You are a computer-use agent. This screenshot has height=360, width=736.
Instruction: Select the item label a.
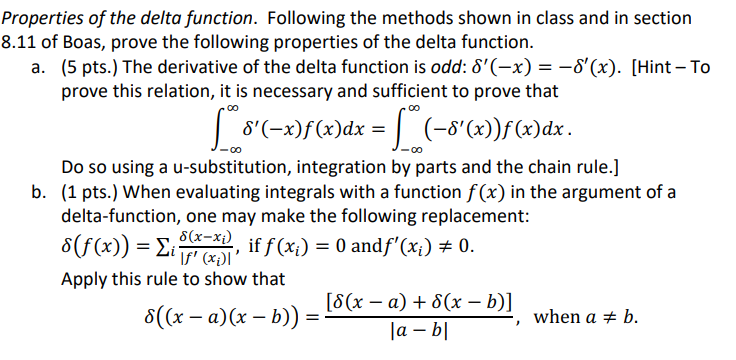click(36, 68)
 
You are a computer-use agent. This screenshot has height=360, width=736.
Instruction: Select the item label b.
click(36, 191)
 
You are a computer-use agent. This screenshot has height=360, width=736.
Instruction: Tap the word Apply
click(84, 279)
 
